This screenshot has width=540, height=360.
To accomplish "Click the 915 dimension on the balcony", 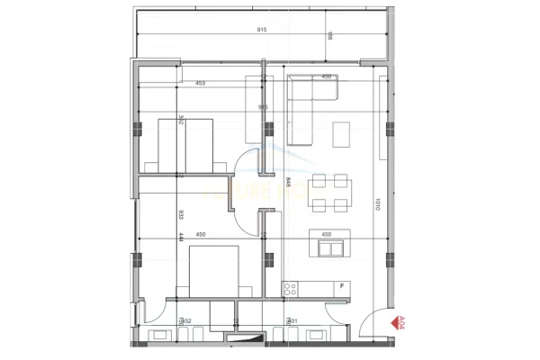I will click(262, 30).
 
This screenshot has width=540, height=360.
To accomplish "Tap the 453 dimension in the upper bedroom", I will click(199, 83).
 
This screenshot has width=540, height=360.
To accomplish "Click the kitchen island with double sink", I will click(328, 245).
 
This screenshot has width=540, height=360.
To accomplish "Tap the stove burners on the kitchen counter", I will click(291, 289).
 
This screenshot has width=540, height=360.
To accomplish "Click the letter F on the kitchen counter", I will click(342, 286).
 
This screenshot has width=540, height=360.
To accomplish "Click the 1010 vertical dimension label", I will click(379, 206).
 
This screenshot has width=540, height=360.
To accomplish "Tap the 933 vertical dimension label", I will click(181, 215).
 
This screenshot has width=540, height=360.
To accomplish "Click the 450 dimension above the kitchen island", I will click(327, 235).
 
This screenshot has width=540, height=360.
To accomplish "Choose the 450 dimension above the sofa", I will click(327, 76).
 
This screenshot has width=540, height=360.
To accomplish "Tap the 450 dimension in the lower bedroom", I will click(201, 235).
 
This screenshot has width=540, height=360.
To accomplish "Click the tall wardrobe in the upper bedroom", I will click(253, 109).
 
